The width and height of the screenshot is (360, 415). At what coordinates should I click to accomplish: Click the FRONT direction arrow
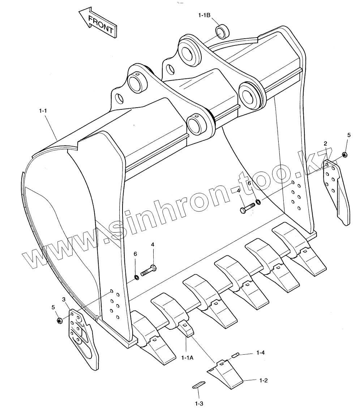point(97,23)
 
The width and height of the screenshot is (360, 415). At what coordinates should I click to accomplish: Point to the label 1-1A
point(187,358)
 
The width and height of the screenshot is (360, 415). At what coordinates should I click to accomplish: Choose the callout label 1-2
point(263,380)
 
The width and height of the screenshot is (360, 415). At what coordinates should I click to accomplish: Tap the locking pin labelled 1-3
point(199,385)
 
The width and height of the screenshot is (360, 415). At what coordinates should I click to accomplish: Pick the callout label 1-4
point(261,352)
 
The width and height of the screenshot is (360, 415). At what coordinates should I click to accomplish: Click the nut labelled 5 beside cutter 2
point(344,155)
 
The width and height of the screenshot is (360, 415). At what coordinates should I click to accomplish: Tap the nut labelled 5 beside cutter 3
point(59,320)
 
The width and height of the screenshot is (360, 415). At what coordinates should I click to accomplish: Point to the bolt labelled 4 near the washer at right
point(247,209)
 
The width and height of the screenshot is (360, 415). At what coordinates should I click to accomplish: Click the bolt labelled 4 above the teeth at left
point(148,270)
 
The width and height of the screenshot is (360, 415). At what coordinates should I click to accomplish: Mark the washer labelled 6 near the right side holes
point(257,202)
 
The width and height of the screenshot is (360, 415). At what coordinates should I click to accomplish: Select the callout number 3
point(64,299)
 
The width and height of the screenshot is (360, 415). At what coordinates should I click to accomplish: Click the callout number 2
point(325,144)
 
